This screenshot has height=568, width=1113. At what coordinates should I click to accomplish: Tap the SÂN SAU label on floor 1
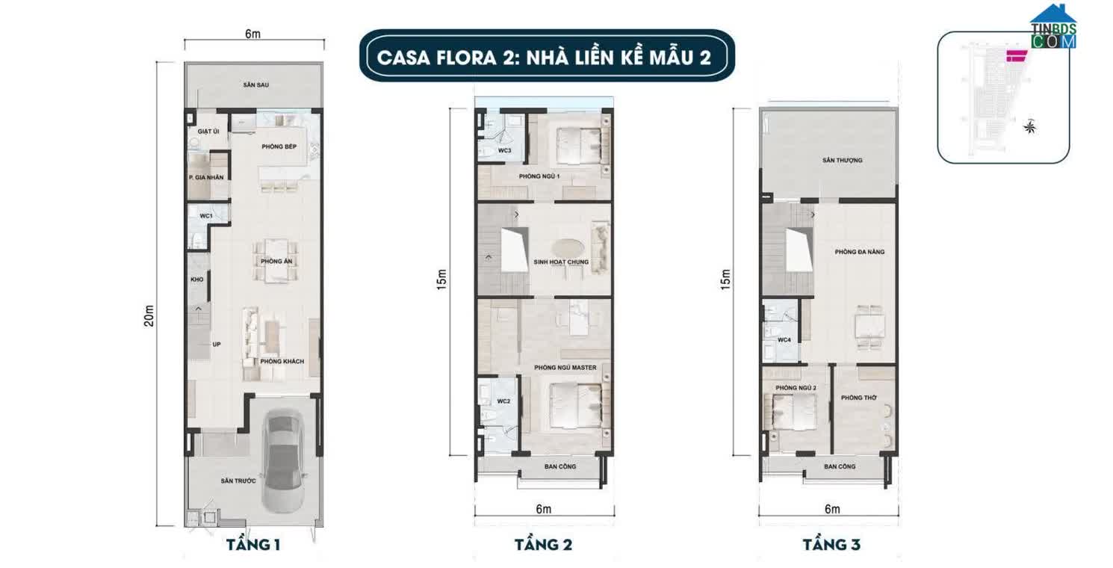[255, 85]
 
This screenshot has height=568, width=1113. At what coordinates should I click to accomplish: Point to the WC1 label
[205, 216]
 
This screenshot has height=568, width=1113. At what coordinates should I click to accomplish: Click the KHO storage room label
[197, 280]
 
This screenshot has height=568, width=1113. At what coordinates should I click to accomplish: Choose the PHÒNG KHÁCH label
[282, 362]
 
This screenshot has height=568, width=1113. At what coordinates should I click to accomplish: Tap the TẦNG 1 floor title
[253, 545]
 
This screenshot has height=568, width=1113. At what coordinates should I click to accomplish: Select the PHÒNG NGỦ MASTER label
[565, 368]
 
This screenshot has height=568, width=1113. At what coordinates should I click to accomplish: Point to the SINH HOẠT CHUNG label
[561, 262]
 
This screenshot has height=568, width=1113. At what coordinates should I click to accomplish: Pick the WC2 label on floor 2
[503, 401]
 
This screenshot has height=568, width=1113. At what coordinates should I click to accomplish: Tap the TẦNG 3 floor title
[831, 545]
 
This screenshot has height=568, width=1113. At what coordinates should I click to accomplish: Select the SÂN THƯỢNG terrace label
[843, 160]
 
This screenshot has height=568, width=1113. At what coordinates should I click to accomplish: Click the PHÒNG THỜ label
[856, 397]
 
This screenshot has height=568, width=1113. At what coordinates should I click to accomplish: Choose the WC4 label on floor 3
[784, 340]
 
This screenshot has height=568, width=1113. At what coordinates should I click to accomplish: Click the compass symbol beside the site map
[1030, 127]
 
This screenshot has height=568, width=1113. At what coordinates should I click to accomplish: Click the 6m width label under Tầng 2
[543, 509]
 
